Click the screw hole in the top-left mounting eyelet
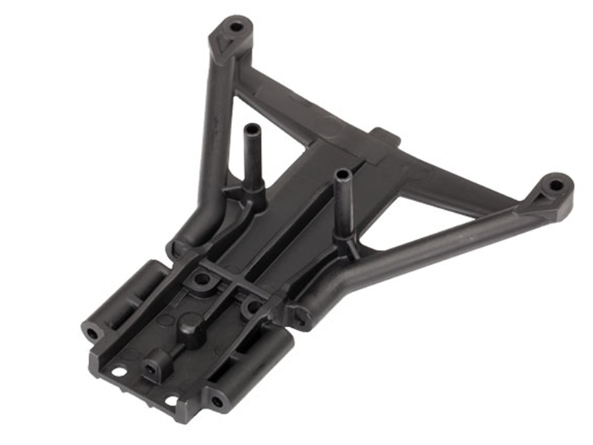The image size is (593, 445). [236, 27]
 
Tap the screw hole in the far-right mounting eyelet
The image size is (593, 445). [554, 183]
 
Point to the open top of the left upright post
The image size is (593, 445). [249, 128]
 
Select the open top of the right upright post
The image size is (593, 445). [342, 174]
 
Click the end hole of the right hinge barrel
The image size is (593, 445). [217, 401]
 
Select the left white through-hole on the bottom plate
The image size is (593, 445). [118, 370]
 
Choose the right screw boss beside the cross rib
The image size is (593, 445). [254, 305]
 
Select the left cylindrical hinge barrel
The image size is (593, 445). [126, 300]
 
